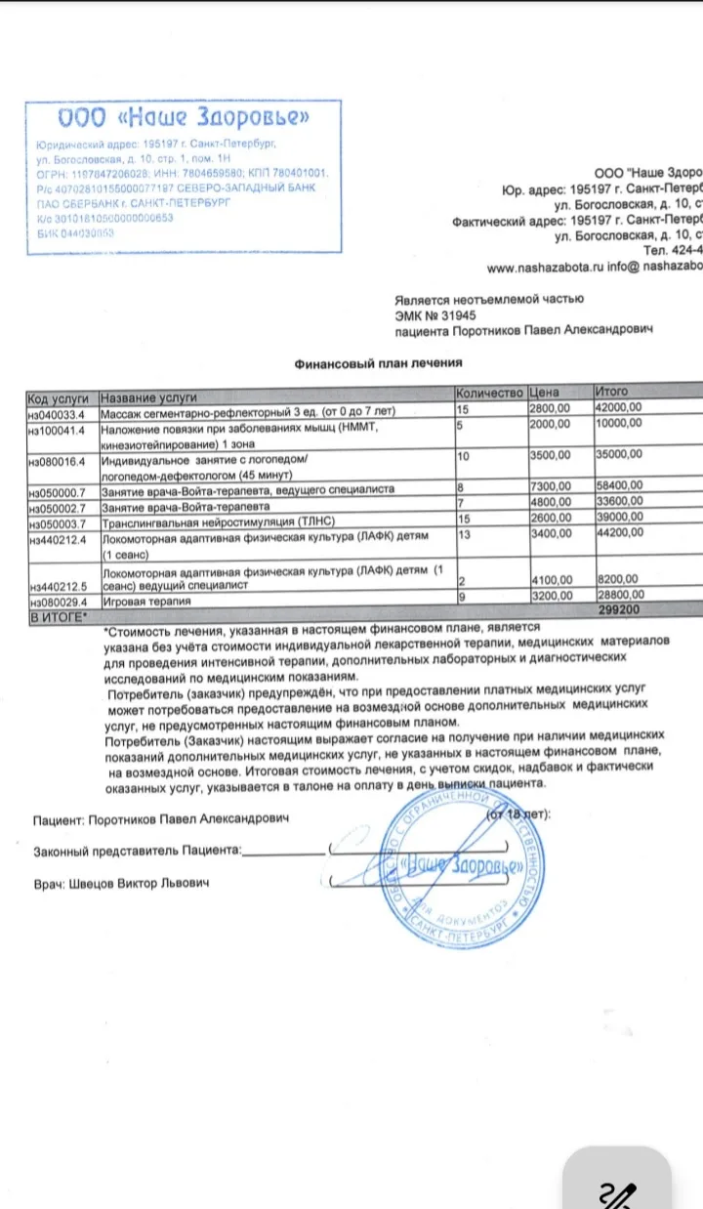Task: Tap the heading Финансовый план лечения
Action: (x=378, y=363)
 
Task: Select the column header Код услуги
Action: (x=60, y=397)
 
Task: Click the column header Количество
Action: (x=490, y=393)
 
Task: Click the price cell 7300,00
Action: (x=549, y=487)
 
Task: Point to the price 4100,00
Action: (x=549, y=578)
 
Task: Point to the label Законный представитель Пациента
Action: (x=137, y=850)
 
